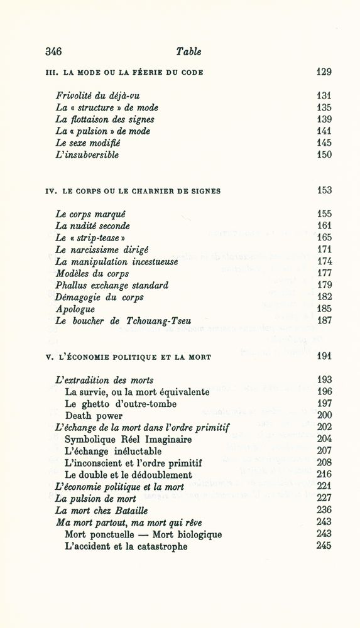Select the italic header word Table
point(188,51)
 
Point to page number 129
point(324,72)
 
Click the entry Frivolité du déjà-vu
point(97,96)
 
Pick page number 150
point(324,154)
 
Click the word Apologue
point(75,309)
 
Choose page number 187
point(324,321)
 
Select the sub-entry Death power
point(94,416)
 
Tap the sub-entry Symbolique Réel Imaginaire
point(128,440)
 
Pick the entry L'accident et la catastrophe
point(126,546)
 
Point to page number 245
point(324,546)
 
